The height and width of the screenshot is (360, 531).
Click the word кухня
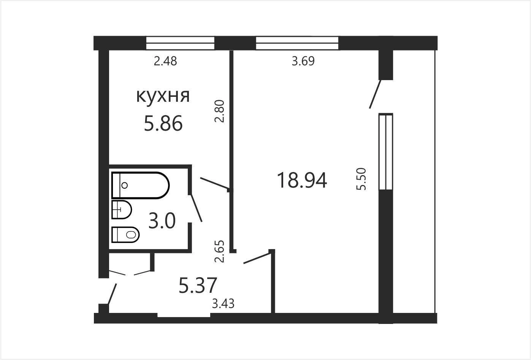pos(163,96)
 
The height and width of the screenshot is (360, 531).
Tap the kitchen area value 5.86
pos(163,123)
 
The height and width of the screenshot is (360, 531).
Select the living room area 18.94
pos(302,180)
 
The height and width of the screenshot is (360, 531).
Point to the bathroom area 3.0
pos(162,221)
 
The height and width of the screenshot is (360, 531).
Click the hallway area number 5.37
pos(198,286)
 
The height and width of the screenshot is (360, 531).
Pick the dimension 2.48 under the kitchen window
pos(165,61)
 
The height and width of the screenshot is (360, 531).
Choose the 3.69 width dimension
pos(303,61)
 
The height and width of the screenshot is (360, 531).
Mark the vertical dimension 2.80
pos(219,111)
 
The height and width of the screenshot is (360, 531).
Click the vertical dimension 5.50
pos(361,179)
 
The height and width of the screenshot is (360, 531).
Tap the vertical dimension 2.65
pos(219,251)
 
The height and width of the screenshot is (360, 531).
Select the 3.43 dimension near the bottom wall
pos(223,304)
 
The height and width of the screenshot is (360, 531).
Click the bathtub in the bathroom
pos(140,185)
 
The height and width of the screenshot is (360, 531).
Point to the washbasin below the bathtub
pos(122,210)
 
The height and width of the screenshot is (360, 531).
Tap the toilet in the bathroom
pos(125,235)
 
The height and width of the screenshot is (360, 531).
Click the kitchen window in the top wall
pos(181,43)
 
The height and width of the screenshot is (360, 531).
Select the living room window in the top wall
pos(297,43)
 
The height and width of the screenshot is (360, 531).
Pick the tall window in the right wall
pos(386,152)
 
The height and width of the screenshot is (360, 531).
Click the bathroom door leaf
pos(197,208)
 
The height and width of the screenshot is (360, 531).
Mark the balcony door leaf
pos(375,94)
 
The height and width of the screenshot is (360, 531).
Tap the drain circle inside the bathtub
pos(124,185)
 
